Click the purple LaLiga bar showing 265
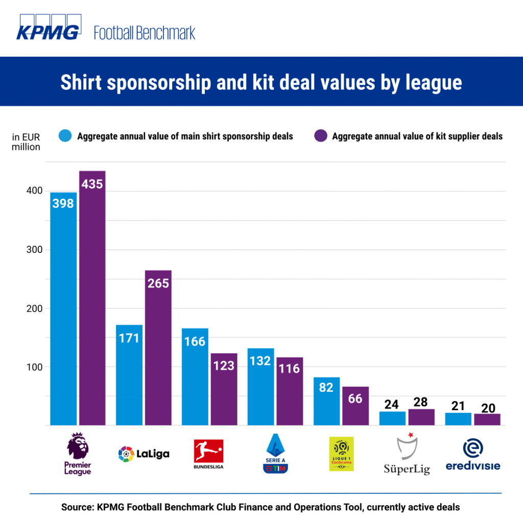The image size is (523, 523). coord(158,347)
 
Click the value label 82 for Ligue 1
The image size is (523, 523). coord(326,387)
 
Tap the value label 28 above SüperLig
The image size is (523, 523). coord(421,402)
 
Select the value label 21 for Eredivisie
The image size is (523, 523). coord(458,406)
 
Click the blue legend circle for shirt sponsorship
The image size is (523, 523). coord(65,136)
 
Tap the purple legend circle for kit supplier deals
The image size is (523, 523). coord(320,136)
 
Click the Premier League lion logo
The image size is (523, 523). coord(78,445)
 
